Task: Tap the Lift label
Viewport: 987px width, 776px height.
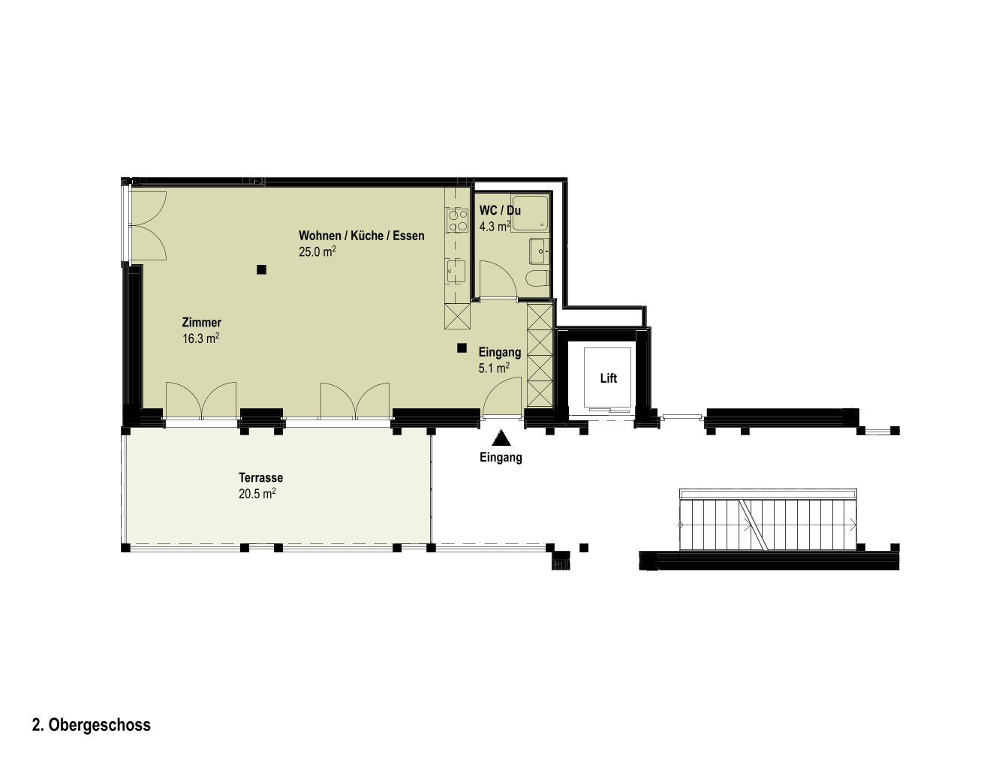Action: (x=608, y=378)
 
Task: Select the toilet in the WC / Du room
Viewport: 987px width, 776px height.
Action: (x=538, y=278)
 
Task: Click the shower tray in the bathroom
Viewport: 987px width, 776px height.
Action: (x=530, y=213)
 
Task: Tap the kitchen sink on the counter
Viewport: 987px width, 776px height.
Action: (x=456, y=271)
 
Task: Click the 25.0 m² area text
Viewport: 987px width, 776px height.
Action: (x=317, y=252)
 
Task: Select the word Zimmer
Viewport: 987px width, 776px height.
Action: (x=202, y=322)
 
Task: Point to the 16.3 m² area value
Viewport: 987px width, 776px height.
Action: (x=201, y=338)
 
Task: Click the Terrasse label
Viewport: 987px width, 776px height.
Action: (x=261, y=477)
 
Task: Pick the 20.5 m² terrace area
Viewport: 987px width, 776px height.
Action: (x=257, y=494)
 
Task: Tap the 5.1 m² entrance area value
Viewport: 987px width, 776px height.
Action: (x=494, y=368)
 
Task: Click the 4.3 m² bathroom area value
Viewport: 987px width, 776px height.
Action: (x=495, y=226)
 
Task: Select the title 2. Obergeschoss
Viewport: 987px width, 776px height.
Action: (x=92, y=725)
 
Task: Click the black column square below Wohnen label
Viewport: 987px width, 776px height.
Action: (x=261, y=269)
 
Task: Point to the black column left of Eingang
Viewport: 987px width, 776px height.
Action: (x=462, y=348)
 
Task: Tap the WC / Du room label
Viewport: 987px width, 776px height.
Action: (x=500, y=210)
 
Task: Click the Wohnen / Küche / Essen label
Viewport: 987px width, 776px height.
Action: (x=362, y=236)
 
